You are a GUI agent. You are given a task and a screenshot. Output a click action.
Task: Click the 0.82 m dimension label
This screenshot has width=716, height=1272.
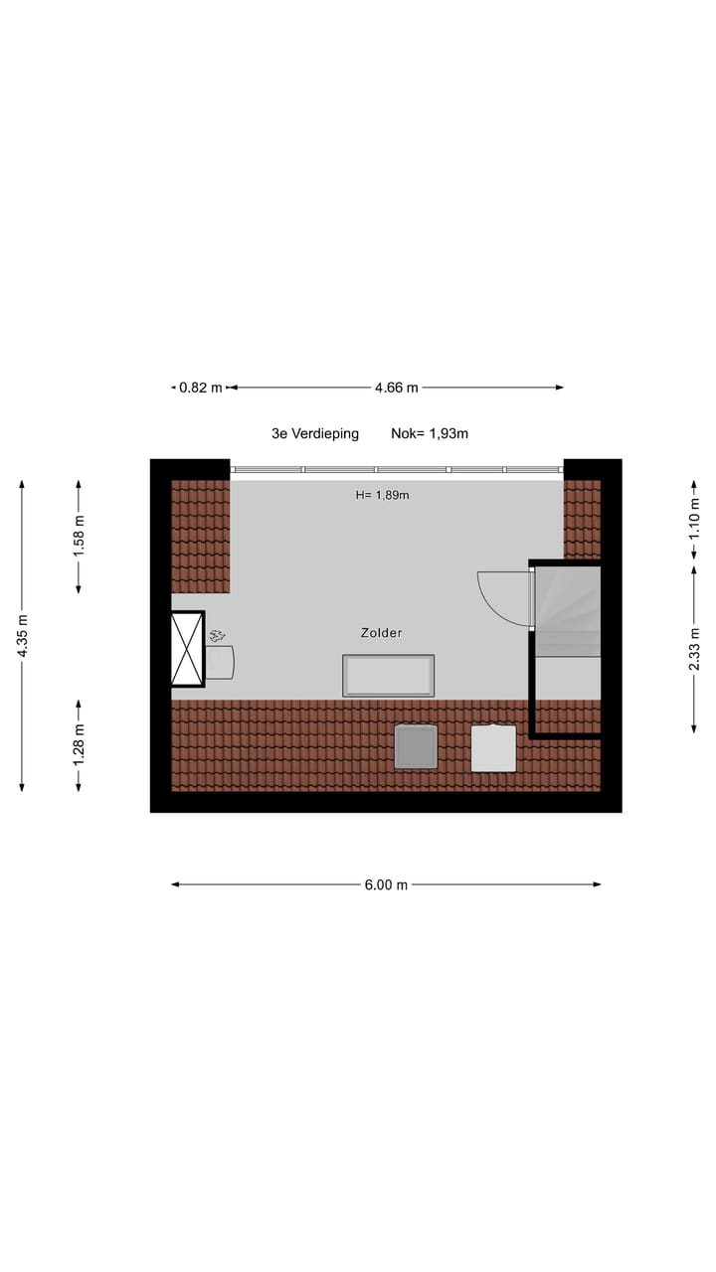click(200, 388)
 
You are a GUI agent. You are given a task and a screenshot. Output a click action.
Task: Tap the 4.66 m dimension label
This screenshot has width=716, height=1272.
click(396, 388)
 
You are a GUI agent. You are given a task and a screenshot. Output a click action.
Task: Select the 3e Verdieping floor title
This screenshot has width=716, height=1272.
click(315, 433)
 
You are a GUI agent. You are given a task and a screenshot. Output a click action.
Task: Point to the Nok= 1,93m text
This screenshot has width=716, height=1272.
click(430, 433)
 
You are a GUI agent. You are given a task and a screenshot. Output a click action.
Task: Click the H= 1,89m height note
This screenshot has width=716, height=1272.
click(383, 494)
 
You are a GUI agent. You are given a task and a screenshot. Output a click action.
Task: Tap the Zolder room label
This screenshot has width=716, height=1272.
click(382, 632)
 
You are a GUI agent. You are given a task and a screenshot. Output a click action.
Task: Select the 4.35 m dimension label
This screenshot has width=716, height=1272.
click(22, 636)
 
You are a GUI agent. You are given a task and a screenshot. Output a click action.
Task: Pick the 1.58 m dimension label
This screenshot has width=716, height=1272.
click(80, 536)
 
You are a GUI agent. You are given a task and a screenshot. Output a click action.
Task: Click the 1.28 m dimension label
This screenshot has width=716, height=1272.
click(80, 744)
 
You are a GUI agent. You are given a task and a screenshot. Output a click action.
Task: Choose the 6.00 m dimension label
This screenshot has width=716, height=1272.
click(386, 884)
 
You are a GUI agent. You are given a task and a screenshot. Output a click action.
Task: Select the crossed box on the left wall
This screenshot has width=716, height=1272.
click(187, 649)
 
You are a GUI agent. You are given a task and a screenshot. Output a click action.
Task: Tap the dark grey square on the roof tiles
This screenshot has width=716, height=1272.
click(416, 746)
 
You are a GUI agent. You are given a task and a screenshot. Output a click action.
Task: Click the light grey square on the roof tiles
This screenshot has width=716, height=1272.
click(493, 748)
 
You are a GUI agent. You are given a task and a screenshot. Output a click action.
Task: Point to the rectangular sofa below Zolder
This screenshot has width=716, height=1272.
click(388, 676)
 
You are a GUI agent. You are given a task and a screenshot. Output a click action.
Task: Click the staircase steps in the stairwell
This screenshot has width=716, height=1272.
click(568, 611)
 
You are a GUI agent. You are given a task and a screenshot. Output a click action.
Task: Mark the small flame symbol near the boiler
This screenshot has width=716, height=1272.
click(217, 635)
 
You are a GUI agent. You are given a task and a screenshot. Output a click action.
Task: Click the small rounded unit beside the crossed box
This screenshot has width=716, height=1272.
click(220, 662)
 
